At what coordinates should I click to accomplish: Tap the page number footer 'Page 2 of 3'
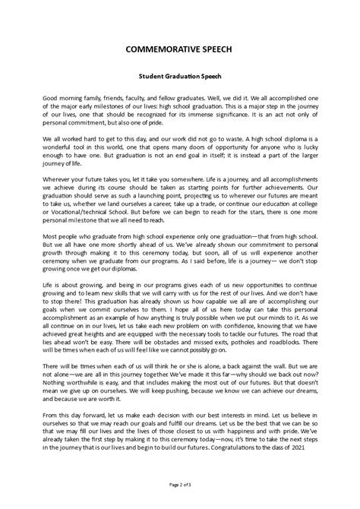point(180,483)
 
